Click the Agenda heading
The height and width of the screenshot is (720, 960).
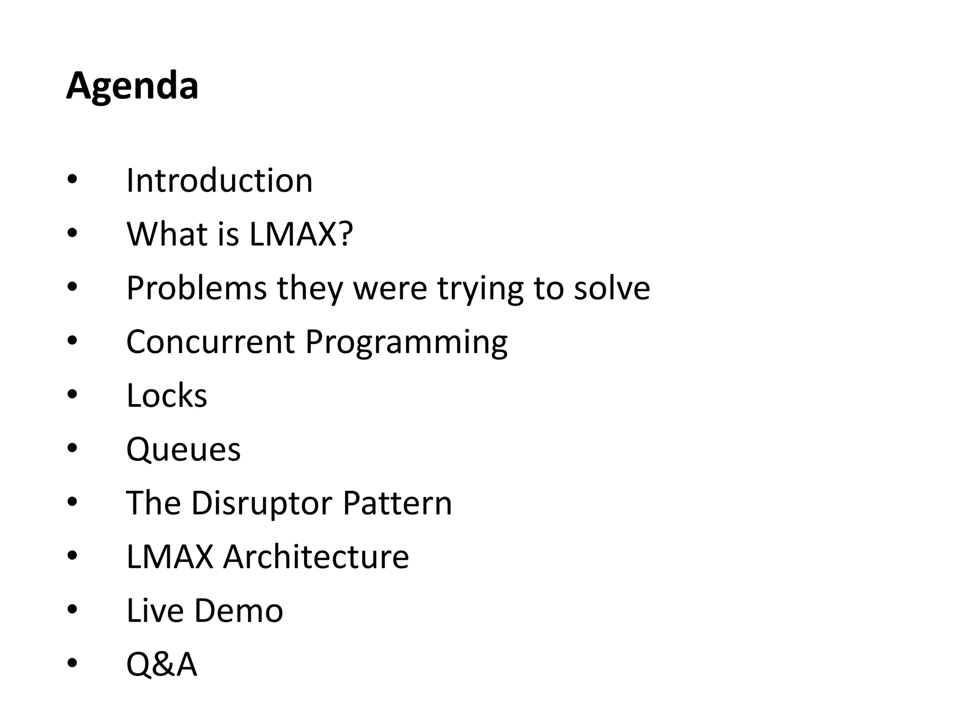click(x=132, y=86)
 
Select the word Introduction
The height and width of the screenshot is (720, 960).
click(x=219, y=180)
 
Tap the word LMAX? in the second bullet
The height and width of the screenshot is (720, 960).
click(x=300, y=234)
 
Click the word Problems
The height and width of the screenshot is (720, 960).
click(x=196, y=288)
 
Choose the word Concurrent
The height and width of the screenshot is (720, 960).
click(x=210, y=342)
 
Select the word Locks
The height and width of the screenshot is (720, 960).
click(x=166, y=396)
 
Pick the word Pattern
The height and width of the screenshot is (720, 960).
click(x=397, y=503)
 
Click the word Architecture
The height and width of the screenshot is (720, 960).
click(x=316, y=557)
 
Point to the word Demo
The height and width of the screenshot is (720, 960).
click(x=238, y=611)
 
